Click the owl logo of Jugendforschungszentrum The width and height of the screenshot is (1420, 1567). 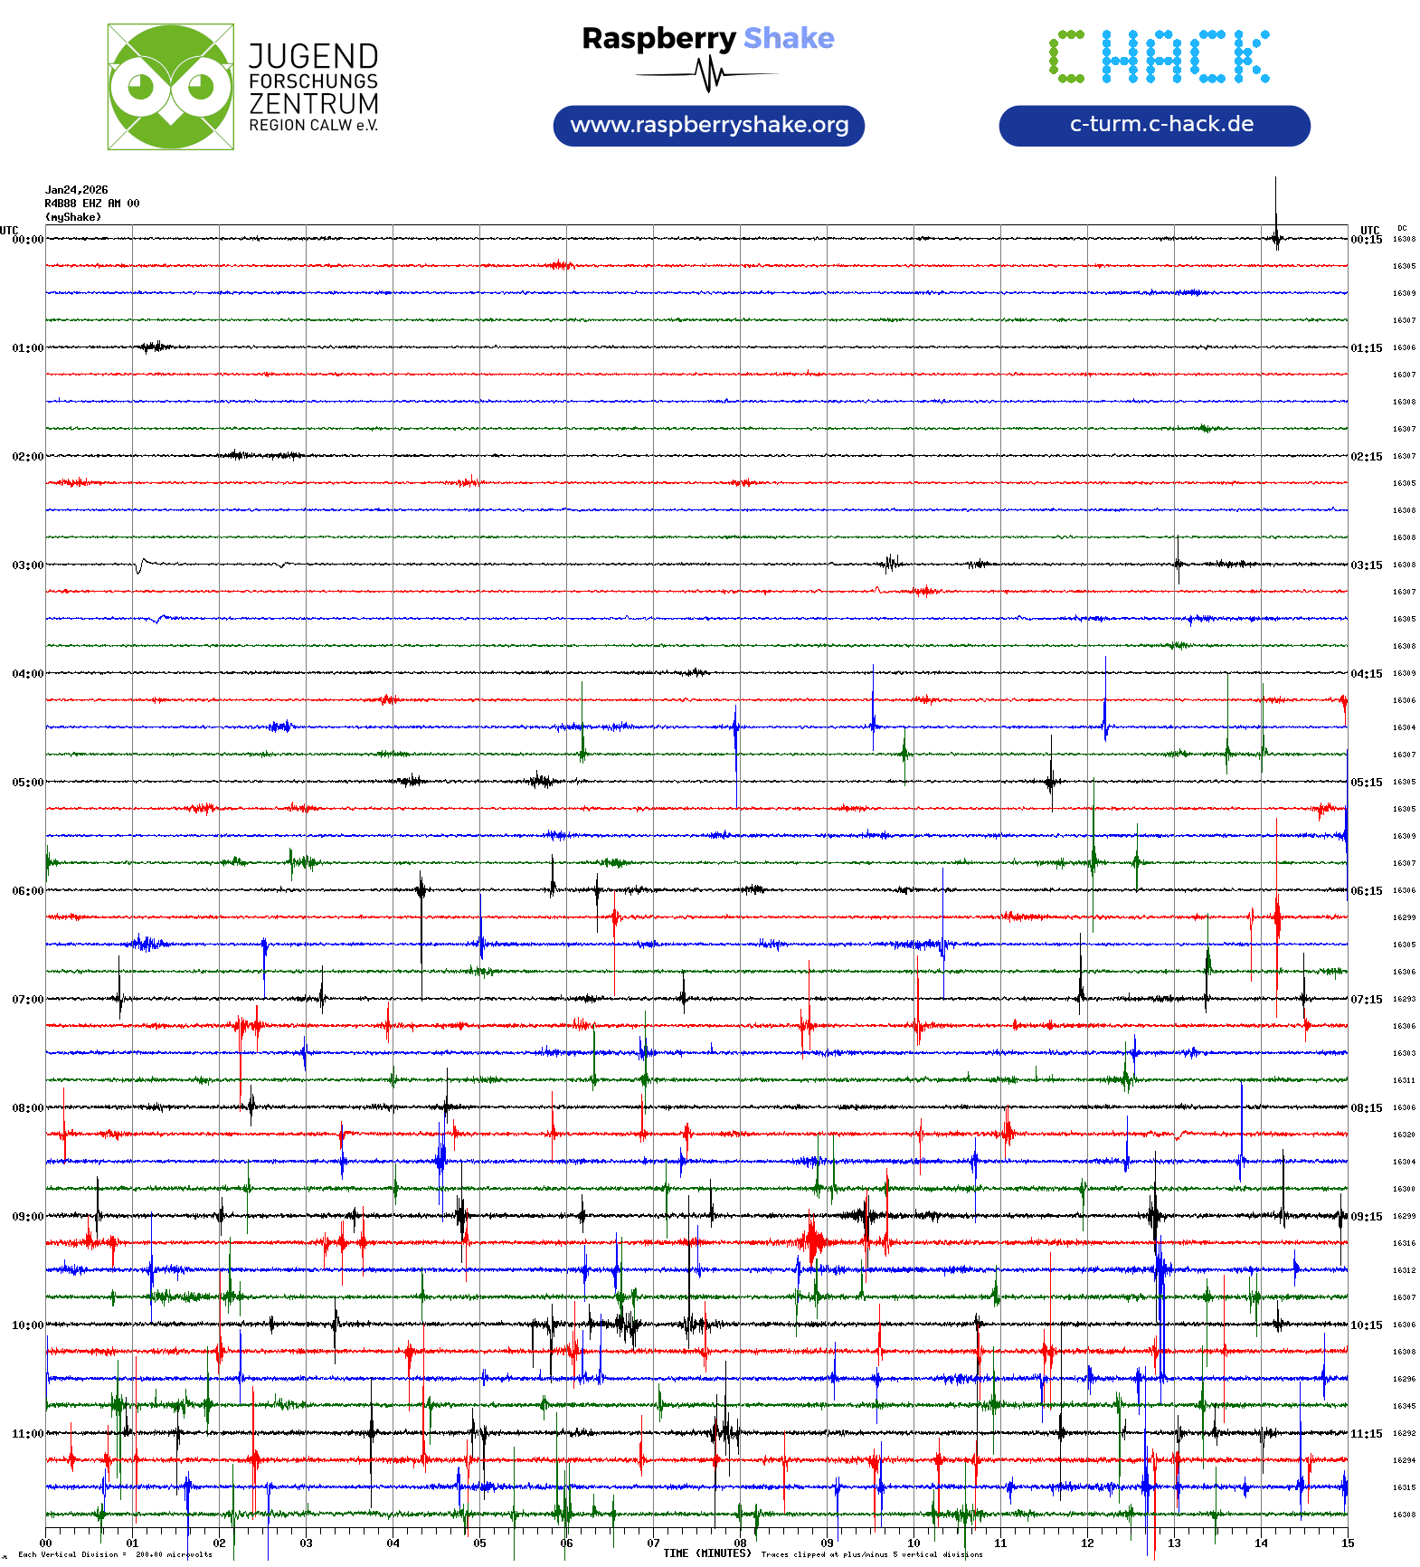tap(170, 87)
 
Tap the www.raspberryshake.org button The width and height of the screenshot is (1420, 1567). tap(709, 125)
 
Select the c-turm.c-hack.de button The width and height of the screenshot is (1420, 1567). tap(1154, 125)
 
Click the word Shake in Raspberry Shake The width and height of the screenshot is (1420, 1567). tap(789, 38)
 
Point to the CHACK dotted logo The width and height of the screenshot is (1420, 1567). tap(1160, 56)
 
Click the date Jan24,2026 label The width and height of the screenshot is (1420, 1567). tap(77, 190)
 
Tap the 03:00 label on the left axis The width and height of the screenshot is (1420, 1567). tap(27, 565)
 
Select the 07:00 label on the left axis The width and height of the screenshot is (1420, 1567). tap(27, 1000)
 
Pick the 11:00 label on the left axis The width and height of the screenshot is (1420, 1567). tap(27, 1434)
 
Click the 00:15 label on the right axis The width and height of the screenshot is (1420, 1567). tap(1367, 240)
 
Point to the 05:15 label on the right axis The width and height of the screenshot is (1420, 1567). tap(1367, 783)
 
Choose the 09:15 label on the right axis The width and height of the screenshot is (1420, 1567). tap(1367, 1217)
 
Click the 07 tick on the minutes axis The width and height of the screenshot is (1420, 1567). tap(653, 1543)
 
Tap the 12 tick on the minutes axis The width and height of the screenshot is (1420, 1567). tap(1087, 1543)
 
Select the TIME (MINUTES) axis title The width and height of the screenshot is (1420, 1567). tap(707, 1553)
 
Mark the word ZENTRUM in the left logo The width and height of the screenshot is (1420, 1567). tap(314, 104)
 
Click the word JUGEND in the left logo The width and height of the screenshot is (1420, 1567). tap(314, 56)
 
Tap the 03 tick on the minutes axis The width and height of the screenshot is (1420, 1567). tap(306, 1543)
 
